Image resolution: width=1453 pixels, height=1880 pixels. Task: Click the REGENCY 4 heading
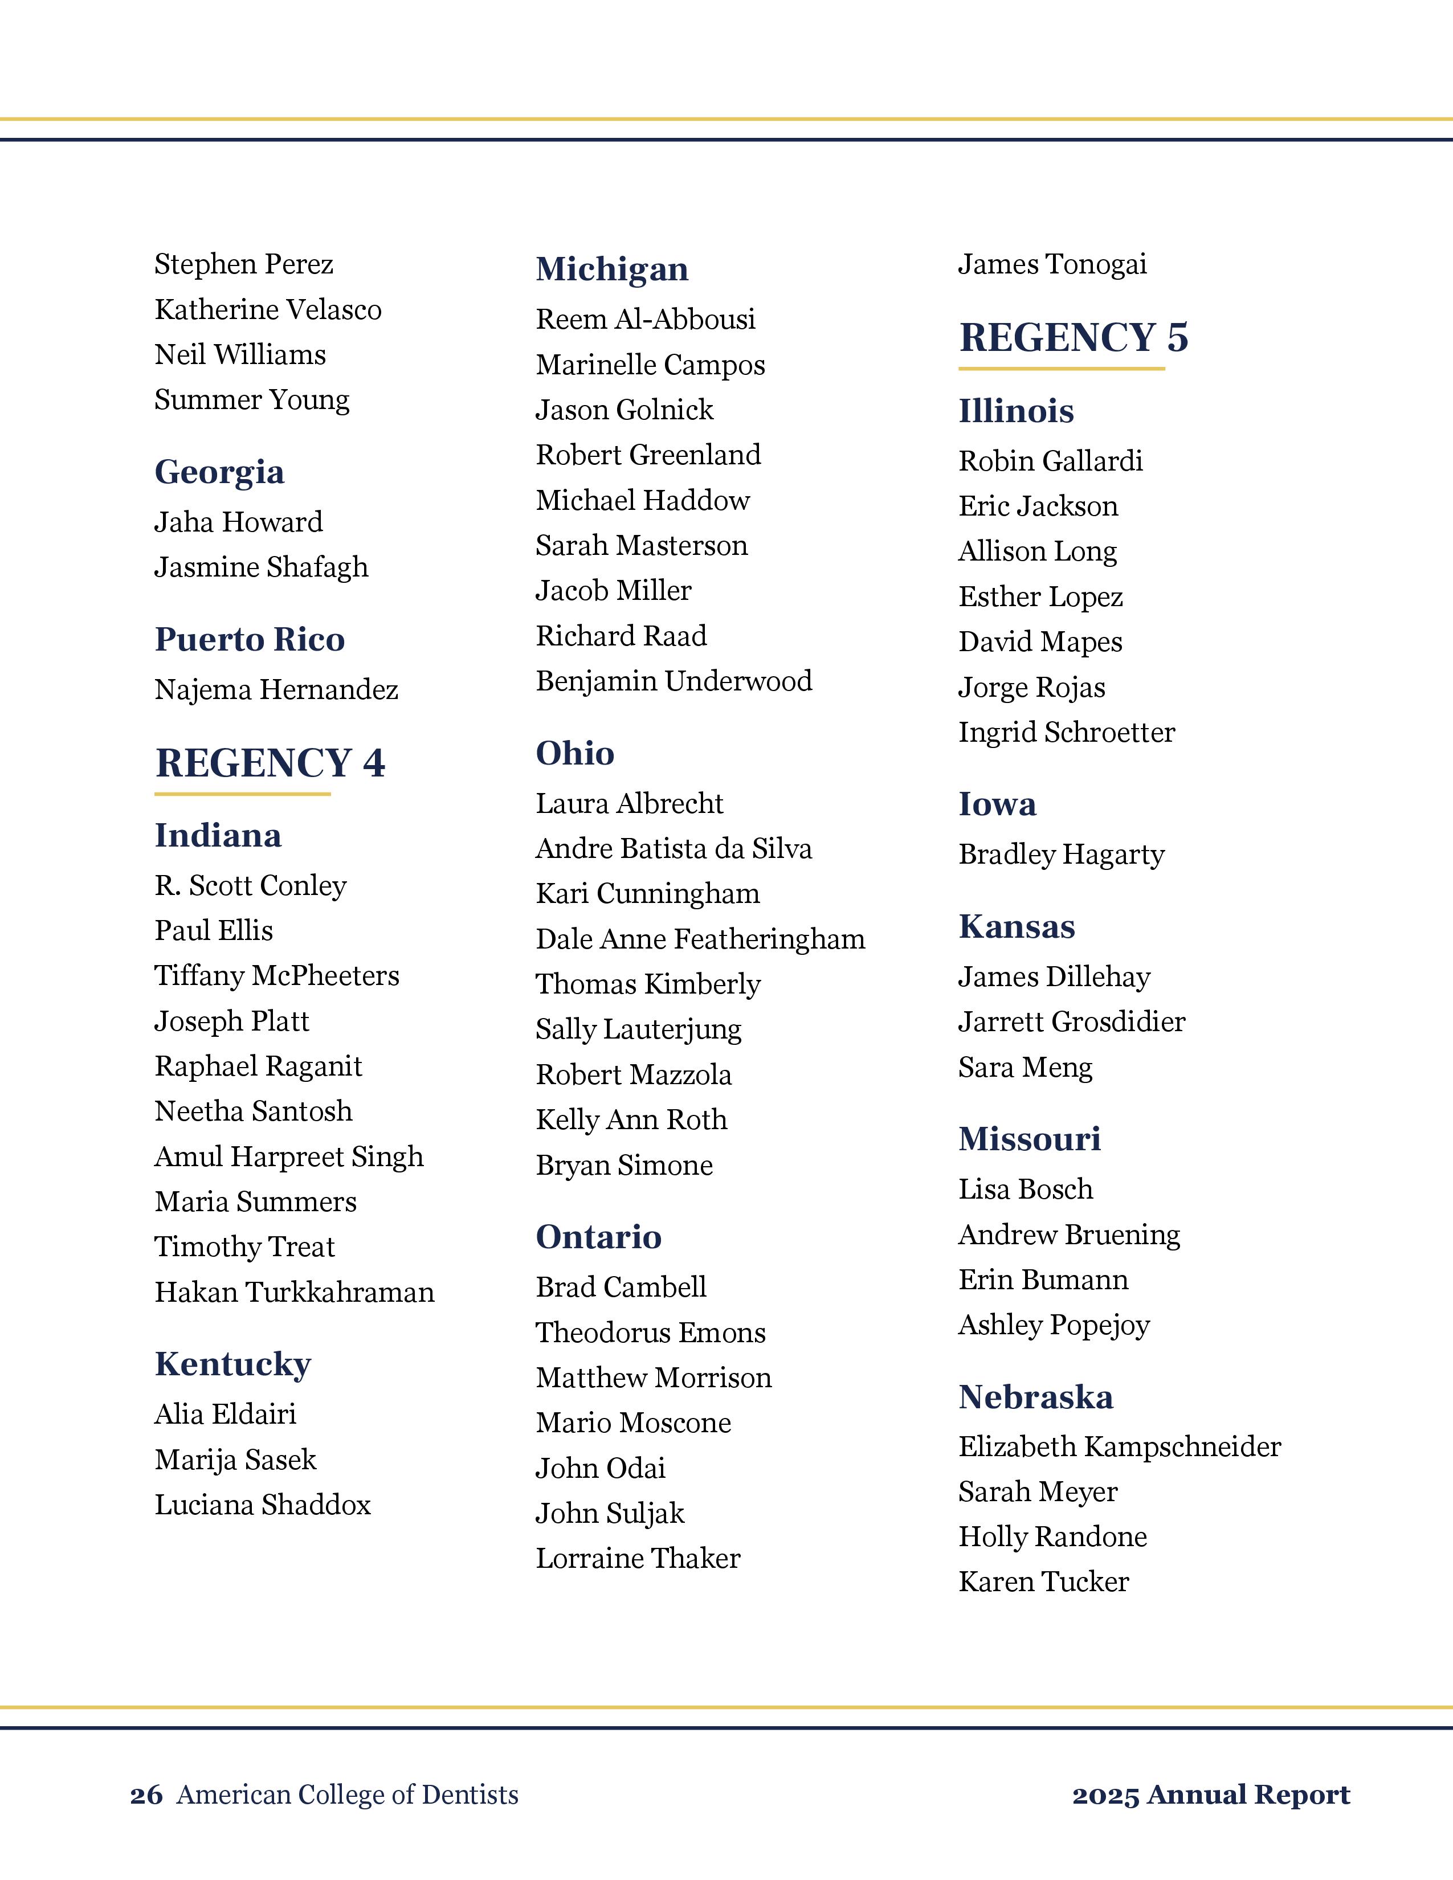(x=270, y=763)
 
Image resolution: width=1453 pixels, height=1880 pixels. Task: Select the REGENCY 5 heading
(x=1074, y=337)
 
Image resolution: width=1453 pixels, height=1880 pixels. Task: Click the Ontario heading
(x=598, y=1236)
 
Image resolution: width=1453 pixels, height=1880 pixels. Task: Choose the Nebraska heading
(x=1035, y=1396)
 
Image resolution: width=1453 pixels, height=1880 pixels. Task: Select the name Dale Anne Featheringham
(x=700, y=938)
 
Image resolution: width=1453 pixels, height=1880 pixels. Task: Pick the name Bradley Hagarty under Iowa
(x=1062, y=854)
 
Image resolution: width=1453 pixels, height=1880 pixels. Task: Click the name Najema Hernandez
(x=276, y=689)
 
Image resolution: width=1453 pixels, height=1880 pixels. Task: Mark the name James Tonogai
(x=1052, y=264)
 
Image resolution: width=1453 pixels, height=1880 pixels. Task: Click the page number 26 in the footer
(x=146, y=1795)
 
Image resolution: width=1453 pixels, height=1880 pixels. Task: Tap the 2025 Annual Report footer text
(x=1210, y=1795)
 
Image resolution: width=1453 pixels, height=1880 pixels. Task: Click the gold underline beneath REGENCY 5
(x=1062, y=369)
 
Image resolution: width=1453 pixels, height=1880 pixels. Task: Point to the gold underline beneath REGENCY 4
(x=243, y=794)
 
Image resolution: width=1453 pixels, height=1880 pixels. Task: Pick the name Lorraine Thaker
(x=638, y=1558)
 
